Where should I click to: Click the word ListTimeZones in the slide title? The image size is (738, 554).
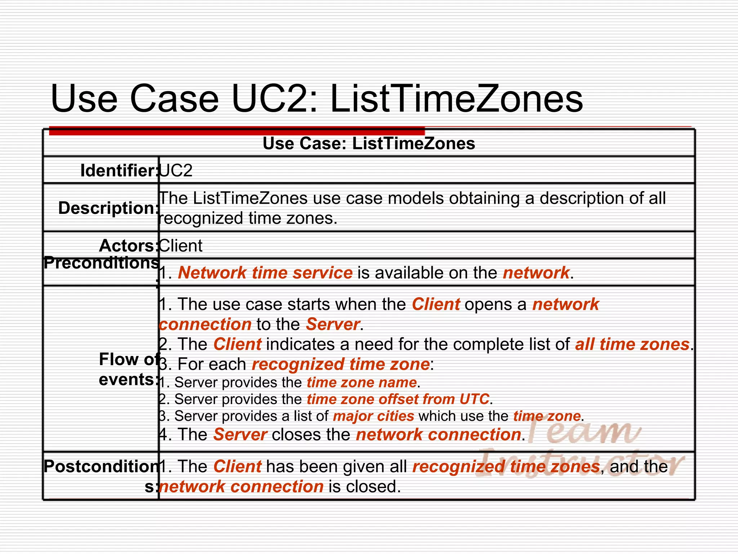456,98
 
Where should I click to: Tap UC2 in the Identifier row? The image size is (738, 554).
176,170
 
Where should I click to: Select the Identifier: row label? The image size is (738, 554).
119,171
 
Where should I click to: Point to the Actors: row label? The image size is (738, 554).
128,246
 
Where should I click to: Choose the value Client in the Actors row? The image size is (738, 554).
181,246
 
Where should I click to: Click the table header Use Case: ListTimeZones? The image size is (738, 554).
369,144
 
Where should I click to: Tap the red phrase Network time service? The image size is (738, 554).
265,273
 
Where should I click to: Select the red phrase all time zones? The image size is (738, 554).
632,344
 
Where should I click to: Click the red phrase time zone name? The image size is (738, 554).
362,382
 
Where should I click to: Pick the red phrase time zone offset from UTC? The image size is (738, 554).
398,399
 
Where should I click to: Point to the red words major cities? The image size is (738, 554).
374,416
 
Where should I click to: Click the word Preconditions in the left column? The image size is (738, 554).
101,263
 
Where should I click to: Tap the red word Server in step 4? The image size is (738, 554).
240,435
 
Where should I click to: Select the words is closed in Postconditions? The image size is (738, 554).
364,487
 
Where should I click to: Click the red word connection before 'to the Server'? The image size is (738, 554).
205,324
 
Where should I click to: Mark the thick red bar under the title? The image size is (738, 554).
237,131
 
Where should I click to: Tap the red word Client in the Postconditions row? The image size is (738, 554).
237,466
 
